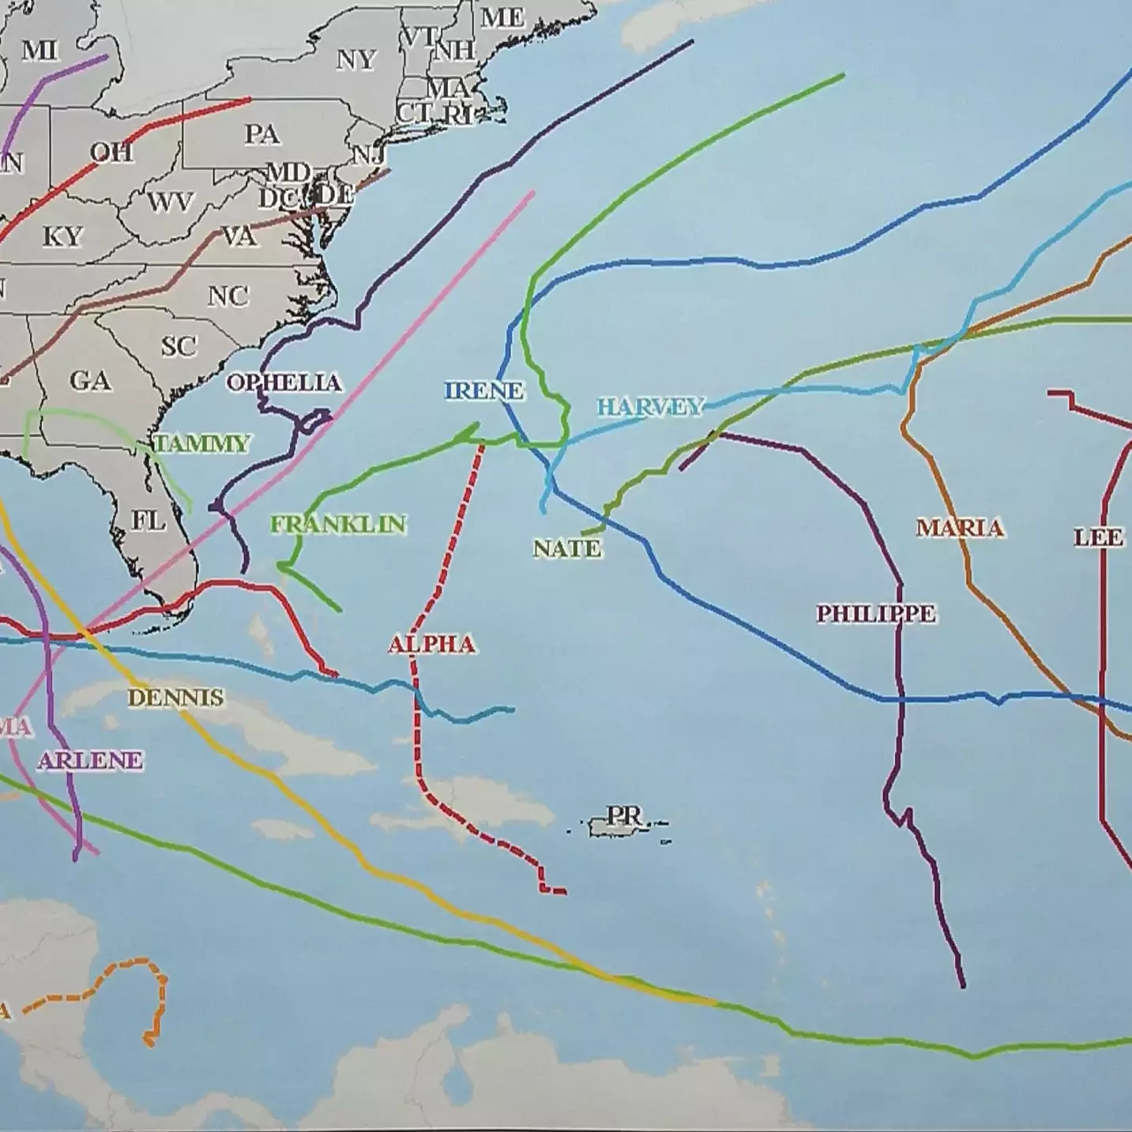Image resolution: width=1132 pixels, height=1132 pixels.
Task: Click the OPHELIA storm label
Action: point(284,383)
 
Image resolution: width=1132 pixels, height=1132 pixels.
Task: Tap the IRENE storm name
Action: point(483,390)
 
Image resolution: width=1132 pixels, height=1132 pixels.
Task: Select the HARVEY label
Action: point(649,407)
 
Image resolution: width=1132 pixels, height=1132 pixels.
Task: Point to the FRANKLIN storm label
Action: point(338,524)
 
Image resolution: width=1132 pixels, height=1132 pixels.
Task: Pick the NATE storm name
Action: point(566,548)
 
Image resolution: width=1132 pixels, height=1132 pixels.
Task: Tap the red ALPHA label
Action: point(432,645)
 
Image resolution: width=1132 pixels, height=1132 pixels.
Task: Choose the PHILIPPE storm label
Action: point(875,613)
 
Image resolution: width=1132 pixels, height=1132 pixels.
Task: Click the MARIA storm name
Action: point(960,528)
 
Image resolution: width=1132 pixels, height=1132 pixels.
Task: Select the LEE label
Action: point(1098,538)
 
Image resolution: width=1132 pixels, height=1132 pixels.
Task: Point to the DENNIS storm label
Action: point(175,698)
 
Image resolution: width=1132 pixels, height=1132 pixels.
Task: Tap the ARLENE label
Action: point(90,761)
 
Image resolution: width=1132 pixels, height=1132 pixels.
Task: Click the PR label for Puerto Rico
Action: point(624,815)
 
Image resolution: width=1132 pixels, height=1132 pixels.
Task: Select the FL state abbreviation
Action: point(149,521)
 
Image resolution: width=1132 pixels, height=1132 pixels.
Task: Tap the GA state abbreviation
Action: point(90,381)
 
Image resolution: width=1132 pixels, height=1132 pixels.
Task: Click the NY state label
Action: point(355,59)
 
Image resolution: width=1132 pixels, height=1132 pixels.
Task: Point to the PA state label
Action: point(261,134)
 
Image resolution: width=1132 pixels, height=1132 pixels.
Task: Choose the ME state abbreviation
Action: point(502,17)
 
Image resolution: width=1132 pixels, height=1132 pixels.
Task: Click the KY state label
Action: point(62,236)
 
